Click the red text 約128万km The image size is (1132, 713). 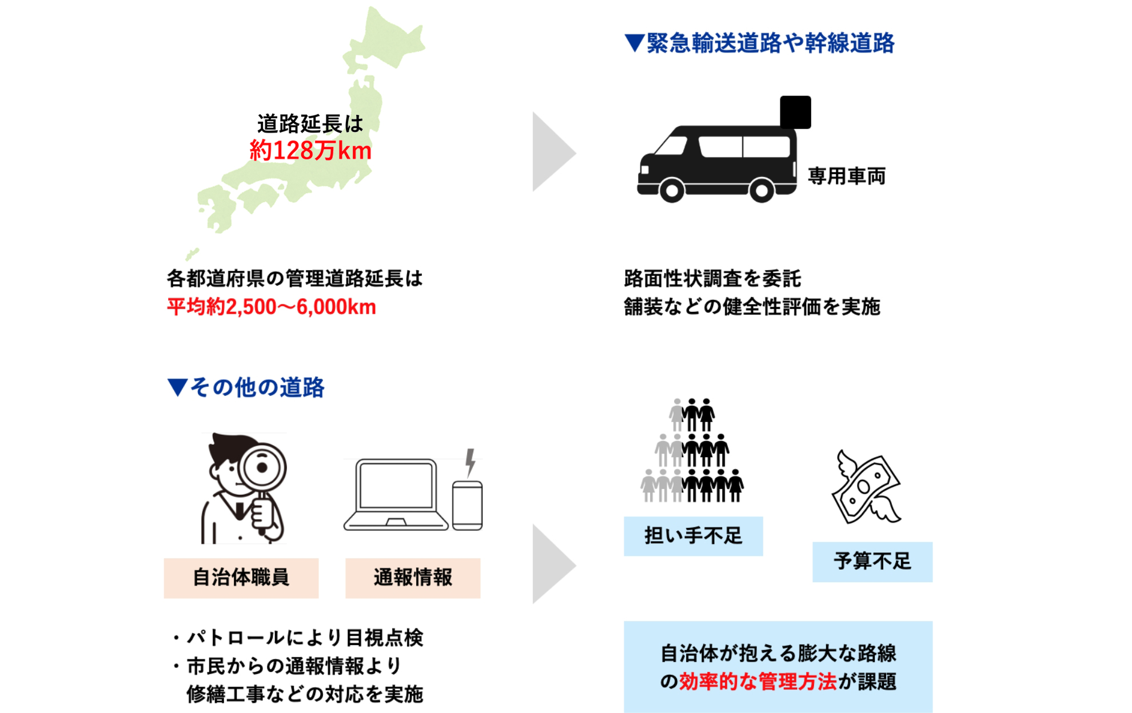click(x=310, y=151)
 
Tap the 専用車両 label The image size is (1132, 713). click(x=846, y=176)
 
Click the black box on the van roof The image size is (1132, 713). click(x=795, y=112)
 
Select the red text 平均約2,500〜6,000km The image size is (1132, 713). click(x=272, y=307)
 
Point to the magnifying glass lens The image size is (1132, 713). click(x=262, y=467)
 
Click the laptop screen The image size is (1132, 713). click(x=395, y=485)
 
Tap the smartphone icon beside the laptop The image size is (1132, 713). click(x=467, y=505)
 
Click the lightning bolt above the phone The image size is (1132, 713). click(x=470, y=462)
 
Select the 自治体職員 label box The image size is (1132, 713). click(x=241, y=578)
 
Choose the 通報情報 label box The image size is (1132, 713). click(x=413, y=578)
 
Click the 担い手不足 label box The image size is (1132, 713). click(x=693, y=536)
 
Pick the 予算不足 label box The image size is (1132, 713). click(x=872, y=562)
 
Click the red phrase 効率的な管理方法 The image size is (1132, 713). click(x=758, y=682)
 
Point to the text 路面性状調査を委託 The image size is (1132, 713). click(x=712, y=279)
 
